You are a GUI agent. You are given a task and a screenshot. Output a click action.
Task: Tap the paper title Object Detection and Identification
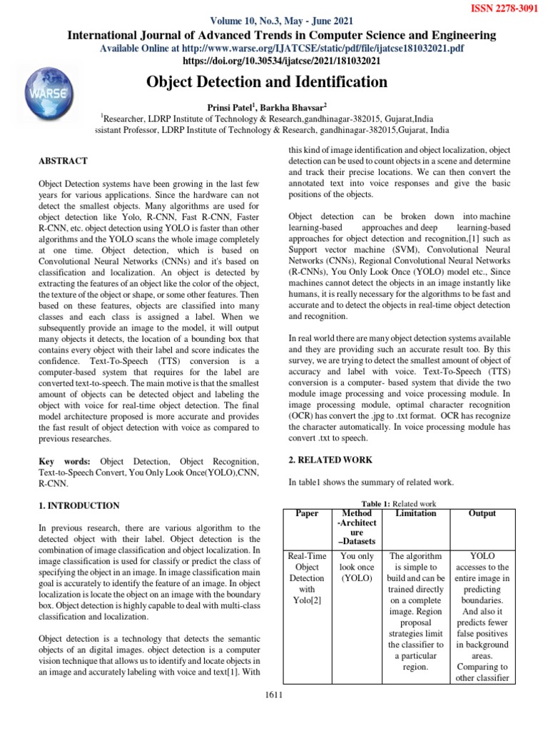267,82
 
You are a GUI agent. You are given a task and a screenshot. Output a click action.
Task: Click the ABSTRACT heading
63,161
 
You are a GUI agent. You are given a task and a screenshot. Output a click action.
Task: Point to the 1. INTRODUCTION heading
78,505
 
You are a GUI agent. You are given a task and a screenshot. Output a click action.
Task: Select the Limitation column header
415,513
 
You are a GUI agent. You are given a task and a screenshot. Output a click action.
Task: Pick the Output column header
482,513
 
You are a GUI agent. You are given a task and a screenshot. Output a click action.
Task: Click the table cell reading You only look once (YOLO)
357,566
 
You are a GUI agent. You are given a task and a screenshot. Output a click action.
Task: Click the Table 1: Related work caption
399,503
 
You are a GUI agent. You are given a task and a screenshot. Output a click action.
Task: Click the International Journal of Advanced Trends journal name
282,35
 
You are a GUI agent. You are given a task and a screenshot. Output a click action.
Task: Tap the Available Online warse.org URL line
282,48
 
